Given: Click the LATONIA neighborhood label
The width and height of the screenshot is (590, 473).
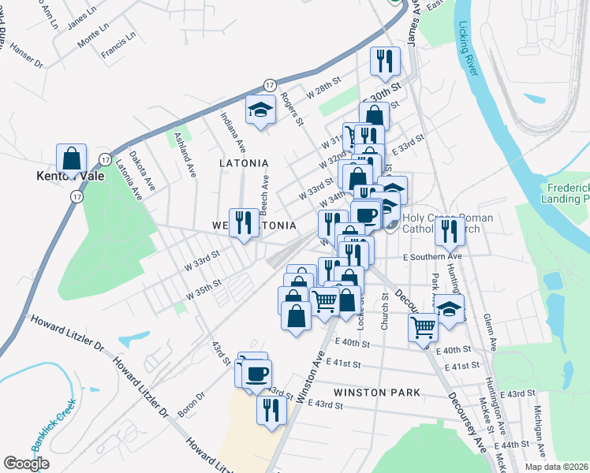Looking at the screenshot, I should [x=244, y=163].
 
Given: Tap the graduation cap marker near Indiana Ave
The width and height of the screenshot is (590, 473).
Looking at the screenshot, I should [x=258, y=111].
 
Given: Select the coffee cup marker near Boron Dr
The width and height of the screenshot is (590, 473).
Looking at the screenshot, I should [x=257, y=372].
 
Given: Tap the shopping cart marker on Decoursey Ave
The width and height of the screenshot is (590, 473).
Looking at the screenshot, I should [x=424, y=325].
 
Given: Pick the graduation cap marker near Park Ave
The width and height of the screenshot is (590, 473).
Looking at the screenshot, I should [x=450, y=310].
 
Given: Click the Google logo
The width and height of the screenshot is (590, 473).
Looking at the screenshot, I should [x=26, y=464].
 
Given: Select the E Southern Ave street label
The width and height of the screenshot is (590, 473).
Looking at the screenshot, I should [x=431, y=257].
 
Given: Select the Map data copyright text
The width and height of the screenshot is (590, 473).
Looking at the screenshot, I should [x=556, y=467].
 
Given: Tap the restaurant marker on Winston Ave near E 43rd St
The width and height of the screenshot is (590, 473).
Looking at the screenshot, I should [x=269, y=410].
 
